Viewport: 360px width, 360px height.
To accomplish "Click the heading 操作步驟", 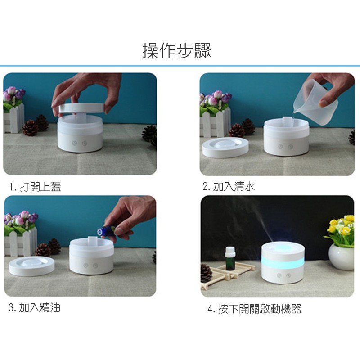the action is pyautogui.click(x=176, y=51).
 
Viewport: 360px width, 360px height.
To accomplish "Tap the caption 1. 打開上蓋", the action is pyautogui.click(x=36, y=187).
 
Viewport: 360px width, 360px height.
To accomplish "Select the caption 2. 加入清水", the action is pyautogui.click(x=229, y=186).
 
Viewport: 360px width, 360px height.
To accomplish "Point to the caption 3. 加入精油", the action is pyautogui.click(x=35, y=307).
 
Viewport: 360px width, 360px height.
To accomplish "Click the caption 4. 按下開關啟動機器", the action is pyautogui.click(x=254, y=309).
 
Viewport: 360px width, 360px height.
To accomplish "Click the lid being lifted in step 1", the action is pyautogui.click(x=81, y=108).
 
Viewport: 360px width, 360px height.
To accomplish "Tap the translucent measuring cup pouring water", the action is pyautogui.click(x=316, y=102).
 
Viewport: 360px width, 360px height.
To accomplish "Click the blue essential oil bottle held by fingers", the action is pyautogui.click(x=106, y=230).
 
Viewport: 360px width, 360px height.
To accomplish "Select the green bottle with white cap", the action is pyautogui.click(x=230, y=258).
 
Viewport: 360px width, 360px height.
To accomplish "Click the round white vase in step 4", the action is pyautogui.click(x=342, y=256).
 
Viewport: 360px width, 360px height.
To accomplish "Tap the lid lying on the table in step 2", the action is pyautogui.click(x=225, y=148).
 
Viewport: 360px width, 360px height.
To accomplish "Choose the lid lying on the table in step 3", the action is pyautogui.click(x=31, y=266).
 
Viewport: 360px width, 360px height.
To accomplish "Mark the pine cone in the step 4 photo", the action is pyautogui.click(x=207, y=273).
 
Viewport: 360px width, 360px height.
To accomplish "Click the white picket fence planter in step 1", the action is pyautogui.click(x=14, y=118).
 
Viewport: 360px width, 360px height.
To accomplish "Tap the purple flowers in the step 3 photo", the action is pyautogui.click(x=21, y=219).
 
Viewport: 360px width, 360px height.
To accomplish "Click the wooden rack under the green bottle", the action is pyautogui.click(x=227, y=274).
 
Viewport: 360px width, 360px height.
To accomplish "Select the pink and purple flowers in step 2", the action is pyautogui.click(x=216, y=98).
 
